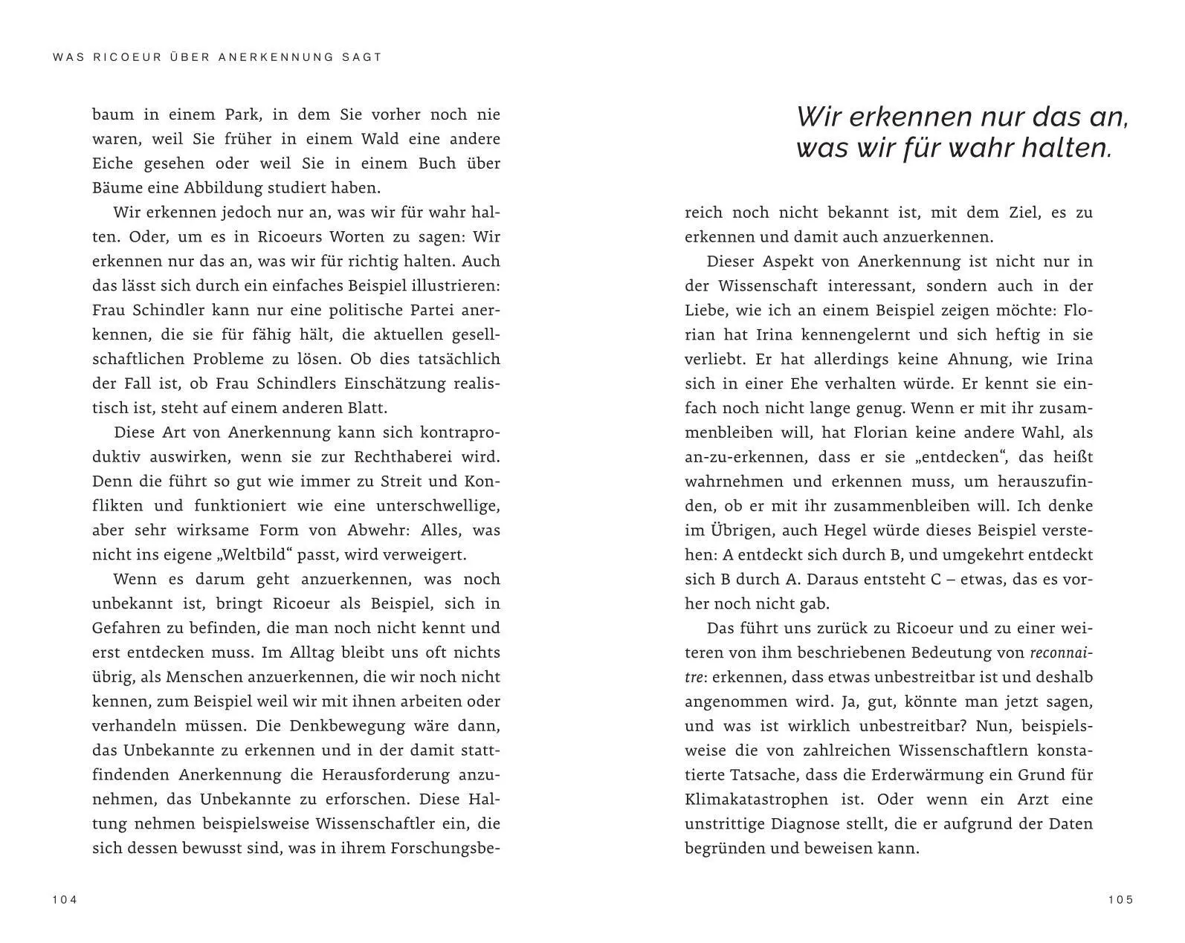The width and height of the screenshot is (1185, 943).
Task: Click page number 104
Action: pyautogui.click(x=65, y=900)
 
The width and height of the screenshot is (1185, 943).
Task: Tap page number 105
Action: pyautogui.click(x=1120, y=900)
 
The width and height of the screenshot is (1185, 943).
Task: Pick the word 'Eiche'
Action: pyautogui.click(x=112, y=163)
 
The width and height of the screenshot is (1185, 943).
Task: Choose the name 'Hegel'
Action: pyautogui.click(x=847, y=531)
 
